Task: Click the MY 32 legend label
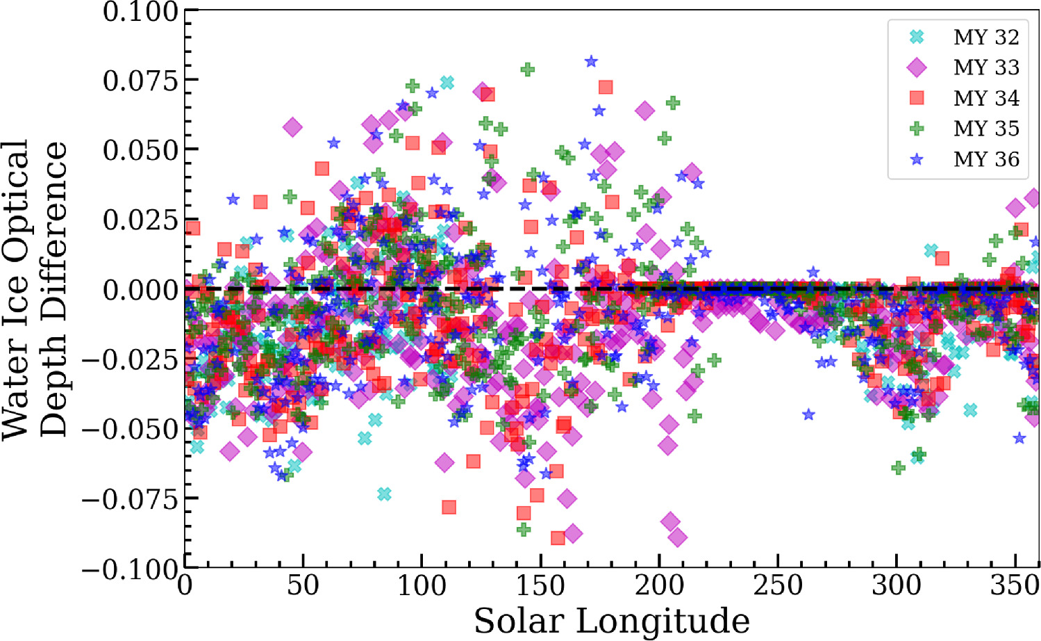pyautogui.click(x=985, y=37)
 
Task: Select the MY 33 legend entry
pyautogui.click(x=985, y=67)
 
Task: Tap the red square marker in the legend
pyautogui.click(x=917, y=98)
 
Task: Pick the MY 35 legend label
pyautogui.click(x=985, y=129)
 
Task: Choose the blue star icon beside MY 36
pyautogui.click(x=917, y=159)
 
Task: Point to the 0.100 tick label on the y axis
pyautogui.click(x=141, y=11)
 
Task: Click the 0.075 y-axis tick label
pyautogui.click(x=141, y=81)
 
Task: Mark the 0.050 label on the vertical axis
pyautogui.click(x=141, y=150)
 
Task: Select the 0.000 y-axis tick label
pyautogui.click(x=141, y=290)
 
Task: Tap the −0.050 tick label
pyautogui.click(x=131, y=429)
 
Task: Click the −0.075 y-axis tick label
pyautogui.click(x=131, y=498)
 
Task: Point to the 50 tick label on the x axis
pyautogui.click(x=303, y=586)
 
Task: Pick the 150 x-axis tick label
pyautogui.click(x=540, y=586)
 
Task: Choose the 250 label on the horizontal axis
pyautogui.click(x=778, y=586)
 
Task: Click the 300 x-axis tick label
pyautogui.click(x=897, y=586)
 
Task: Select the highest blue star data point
pyautogui.click(x=591, y=61)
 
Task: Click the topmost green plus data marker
pyautogui.click(x=527, y=70)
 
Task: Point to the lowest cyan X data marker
pyautogui.click(x=384, y=494)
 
